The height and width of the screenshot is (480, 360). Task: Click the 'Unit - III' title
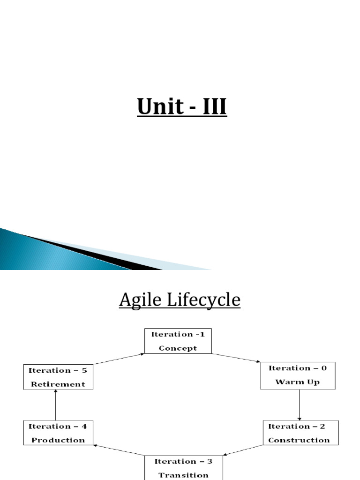[182, 107]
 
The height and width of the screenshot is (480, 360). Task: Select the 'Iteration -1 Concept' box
[178, 341]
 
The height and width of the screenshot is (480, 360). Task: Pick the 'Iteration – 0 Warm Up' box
[298, 375]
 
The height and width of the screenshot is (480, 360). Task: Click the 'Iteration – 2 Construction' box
[299, 433]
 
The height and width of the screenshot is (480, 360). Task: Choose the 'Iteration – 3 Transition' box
[183, 467]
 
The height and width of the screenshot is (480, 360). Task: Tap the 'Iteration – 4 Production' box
[58, 433]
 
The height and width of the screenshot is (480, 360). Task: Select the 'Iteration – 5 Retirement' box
[58, 377]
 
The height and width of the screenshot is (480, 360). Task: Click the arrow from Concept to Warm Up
[236, 358]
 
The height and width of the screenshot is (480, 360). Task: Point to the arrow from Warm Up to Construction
[300, 405]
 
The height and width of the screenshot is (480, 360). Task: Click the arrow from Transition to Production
[119, 450]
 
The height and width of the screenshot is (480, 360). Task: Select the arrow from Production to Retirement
[56, 405]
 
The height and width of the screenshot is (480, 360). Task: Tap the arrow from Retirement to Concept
[119, 359]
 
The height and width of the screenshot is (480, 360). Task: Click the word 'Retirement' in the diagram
[58, 384]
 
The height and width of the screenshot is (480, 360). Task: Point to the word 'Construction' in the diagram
[299, 440]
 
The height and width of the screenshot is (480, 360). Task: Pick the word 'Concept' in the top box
[178, 348]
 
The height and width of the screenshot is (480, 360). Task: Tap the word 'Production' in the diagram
[58, 440]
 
